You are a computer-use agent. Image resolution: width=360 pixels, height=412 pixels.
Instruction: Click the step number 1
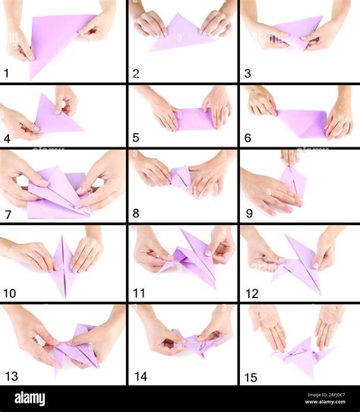tap(7, 73)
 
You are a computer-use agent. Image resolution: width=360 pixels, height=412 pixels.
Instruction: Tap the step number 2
tap(136, 74)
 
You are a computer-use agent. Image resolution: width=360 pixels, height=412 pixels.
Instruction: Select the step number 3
tap(248, 74)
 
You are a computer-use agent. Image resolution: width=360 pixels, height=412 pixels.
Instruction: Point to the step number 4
tap(7, 138)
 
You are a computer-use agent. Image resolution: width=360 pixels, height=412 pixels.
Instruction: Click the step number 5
tap(136, 138)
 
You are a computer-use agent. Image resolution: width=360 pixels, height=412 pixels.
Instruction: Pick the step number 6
tap(248, 138)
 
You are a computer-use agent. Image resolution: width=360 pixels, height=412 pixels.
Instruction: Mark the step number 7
tap(7, 214)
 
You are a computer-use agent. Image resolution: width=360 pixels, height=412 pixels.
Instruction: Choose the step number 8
tap(136, 214)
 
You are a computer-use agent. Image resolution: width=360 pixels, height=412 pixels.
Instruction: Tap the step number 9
tap(248, 214)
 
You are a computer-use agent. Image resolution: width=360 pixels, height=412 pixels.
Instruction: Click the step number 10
tap(10, 293)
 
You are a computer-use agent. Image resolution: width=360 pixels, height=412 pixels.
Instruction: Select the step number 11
tap(138, 293)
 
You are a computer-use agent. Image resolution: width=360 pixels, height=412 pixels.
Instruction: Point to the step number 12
tap(251, 293)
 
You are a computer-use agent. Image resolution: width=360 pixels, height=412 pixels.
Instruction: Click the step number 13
tap(11, 376)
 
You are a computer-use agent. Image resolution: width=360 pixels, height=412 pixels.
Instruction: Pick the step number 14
tap(141, 376)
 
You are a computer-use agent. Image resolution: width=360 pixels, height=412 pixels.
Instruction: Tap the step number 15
tap(251, 376)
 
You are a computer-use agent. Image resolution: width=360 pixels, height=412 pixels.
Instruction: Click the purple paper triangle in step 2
tap(178, 34)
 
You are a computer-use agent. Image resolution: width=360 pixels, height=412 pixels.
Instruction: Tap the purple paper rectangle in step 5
tap(195, 119)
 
